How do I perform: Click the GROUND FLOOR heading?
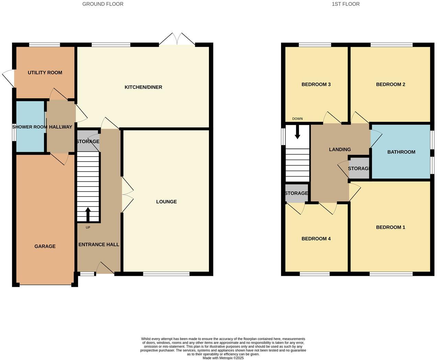[103, 4]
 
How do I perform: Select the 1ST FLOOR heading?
[346, 4]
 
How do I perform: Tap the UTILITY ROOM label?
[45, 72]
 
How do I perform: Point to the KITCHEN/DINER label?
[143, 87]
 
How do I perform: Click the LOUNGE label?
[166, 202]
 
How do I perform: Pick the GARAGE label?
[45, 246]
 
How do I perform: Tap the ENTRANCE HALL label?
[99, 245]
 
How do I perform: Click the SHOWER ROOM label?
[30, 127]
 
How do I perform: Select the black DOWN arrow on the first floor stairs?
[298, 132]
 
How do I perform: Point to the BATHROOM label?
[401, 152]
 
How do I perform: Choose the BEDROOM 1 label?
[391, 227]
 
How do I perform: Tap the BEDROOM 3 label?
[316, 85]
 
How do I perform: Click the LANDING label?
[340, 149]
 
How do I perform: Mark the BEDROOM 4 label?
[316, 239]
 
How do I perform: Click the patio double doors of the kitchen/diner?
[177, 39]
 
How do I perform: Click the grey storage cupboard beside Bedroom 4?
[296, 193]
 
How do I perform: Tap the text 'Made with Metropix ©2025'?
[223, 358]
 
